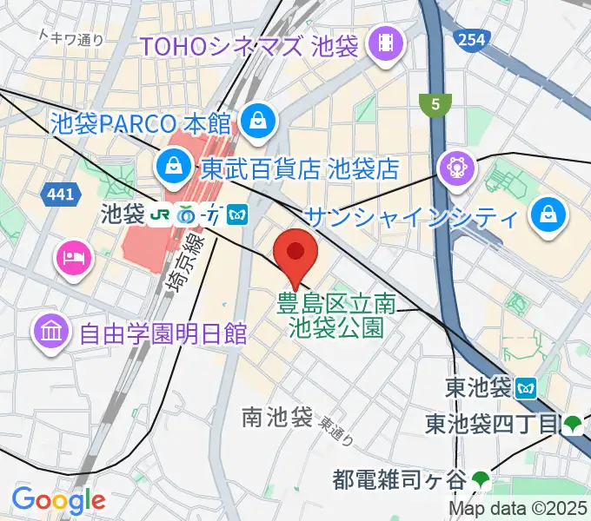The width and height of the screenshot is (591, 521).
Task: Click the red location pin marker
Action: pos(295,254)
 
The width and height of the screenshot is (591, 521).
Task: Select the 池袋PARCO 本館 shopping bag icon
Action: pos(259,120)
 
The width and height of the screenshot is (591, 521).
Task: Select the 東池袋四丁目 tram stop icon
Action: pos(572,425)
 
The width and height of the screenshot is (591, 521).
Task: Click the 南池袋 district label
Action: pos(277,418)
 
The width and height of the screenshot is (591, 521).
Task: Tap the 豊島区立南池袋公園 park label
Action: pos(335,316)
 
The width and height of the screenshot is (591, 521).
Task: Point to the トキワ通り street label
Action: pos(72,36)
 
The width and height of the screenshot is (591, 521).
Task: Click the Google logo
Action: pos(59,499)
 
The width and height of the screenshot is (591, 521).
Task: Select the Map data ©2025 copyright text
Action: pos(519,509)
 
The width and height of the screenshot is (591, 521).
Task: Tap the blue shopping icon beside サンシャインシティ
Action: pos(548,213)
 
